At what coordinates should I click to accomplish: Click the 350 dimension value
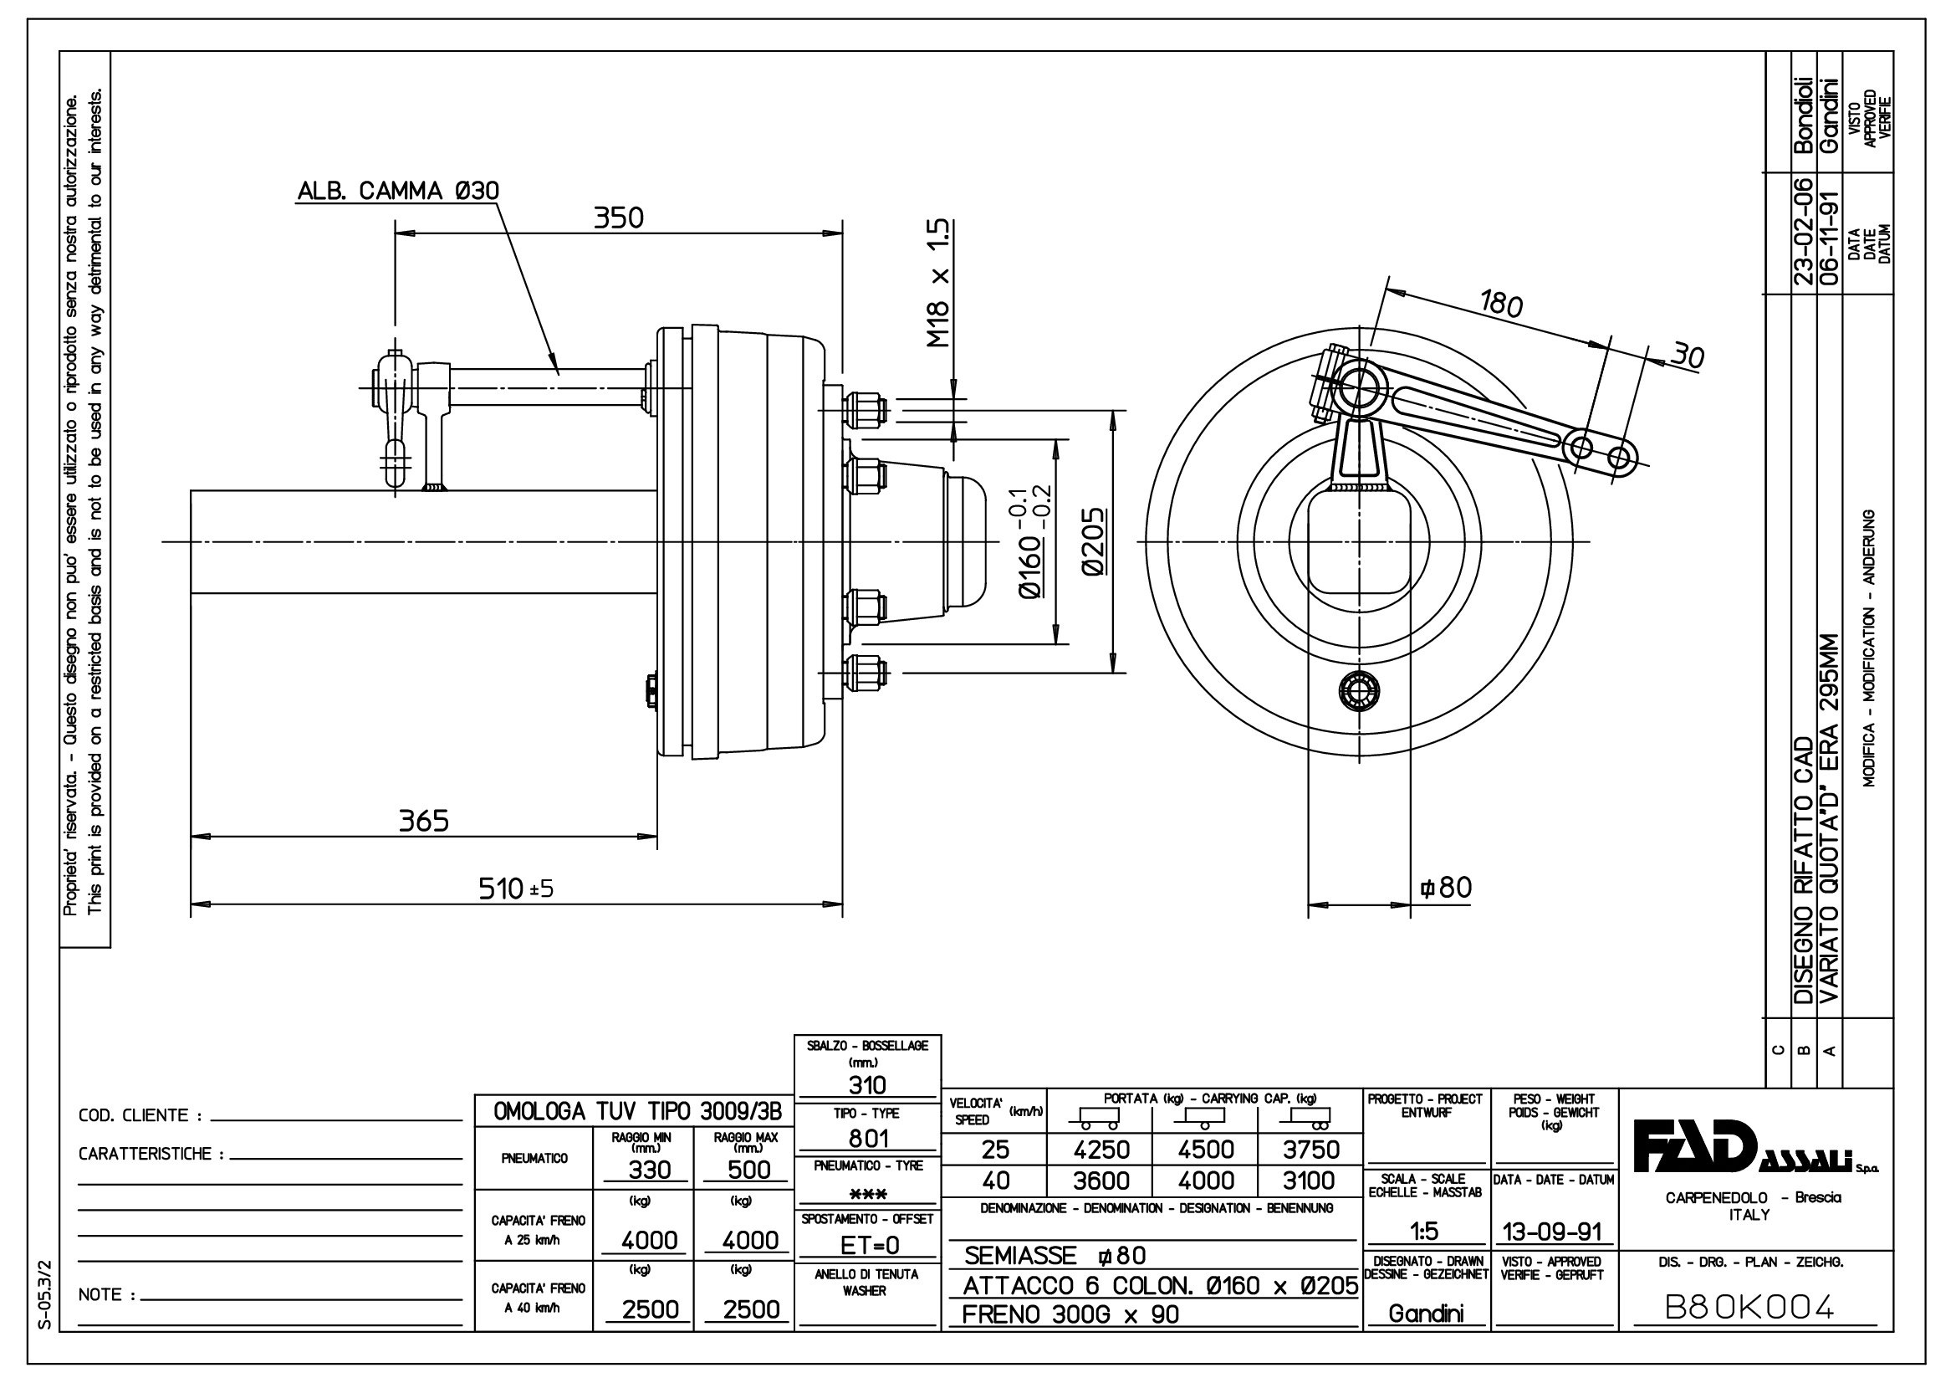tap(619, 219)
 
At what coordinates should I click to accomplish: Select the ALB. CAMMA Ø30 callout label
tap(397, 191)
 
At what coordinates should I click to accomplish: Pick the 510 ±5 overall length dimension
tap(516, 889)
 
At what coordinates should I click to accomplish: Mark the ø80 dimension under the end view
tap(1446, 888)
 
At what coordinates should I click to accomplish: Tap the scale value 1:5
tap(1423, 1232)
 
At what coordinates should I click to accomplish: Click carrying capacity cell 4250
tap(1101, 1150)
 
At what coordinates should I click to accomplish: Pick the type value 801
tap(868, 1139)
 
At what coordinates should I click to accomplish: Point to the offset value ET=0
tap(869, 1245)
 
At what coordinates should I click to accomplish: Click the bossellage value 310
tap(867, 1085)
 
